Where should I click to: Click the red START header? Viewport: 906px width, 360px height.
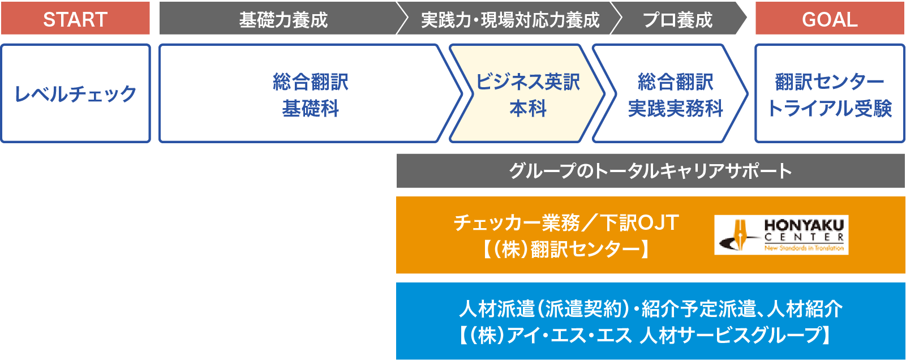[75, 18]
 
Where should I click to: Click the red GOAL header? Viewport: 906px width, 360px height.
[830, 18]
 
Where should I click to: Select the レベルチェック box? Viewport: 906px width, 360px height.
[76, 93]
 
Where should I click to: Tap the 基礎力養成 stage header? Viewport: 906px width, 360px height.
[283, 18]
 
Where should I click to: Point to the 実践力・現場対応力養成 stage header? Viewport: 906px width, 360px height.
[510, 18]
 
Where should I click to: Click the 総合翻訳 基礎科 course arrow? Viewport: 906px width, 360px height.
[310, 93]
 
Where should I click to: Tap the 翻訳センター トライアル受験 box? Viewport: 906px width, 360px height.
[830, 93]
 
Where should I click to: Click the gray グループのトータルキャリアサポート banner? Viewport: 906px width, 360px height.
[650, 171]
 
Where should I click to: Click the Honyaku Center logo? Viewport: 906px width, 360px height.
[781, 234]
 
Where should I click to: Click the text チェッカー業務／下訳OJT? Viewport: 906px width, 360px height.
[566, 223]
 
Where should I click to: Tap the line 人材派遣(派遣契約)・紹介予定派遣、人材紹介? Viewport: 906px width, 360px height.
[651, 309]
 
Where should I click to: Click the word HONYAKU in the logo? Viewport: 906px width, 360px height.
[804, 225]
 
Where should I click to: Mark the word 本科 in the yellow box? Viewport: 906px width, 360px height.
[528, 109]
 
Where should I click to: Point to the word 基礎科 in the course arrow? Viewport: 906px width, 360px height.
[310, 109]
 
